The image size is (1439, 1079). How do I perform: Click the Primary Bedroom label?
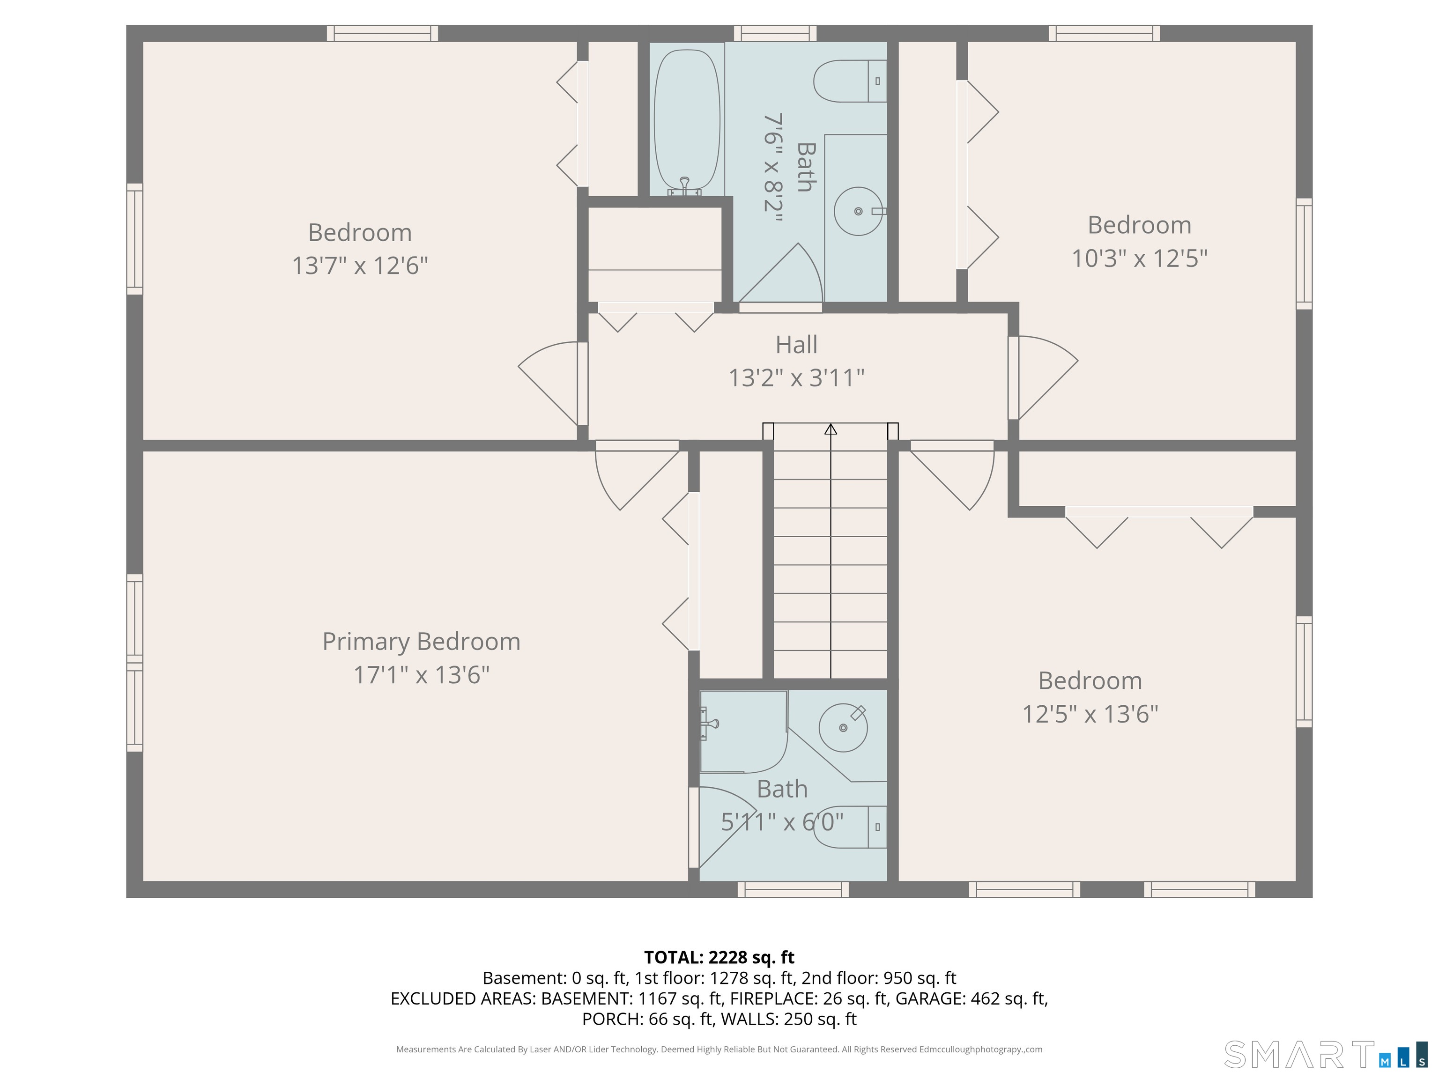pyautogui.click(x=422, y=642)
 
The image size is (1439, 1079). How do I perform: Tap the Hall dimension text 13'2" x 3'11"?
pyautogui.click(x=796, y=378)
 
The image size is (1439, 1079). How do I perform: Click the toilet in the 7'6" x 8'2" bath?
pyautogui.click(x=850, y=81)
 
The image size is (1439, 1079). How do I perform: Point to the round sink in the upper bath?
pyautogui.click(x=859, y=211)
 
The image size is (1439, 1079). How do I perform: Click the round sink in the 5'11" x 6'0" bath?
pyautogui.click(x=843, y=728)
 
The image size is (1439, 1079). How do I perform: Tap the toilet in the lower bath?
pyautogui.click(x=850, y=828)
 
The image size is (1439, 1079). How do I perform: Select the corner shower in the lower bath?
pyautogui.click(x=743, y=732)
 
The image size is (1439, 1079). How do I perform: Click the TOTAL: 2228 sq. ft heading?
pyautogui.click(x=719, y=957)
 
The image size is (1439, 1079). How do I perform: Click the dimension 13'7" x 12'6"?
pyautogui.click(x=360, y=266)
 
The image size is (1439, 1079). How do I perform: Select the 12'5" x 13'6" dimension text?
pyautogui.click(x=1090, y=715)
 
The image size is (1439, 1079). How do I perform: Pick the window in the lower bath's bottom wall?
pyautogui.click(x=793, y=889)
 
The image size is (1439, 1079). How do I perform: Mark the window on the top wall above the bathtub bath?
pyautogui.click(x=775, y=33)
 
